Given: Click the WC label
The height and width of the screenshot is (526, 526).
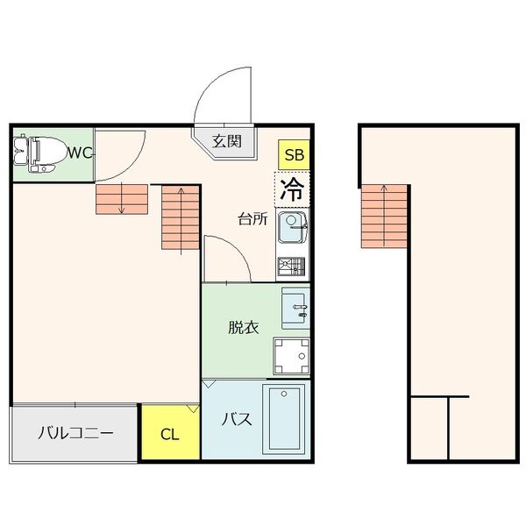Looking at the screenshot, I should click(81, 153).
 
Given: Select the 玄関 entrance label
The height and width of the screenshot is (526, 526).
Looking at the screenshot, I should click(227, 140).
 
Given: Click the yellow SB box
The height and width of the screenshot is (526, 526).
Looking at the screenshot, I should click(294, 155).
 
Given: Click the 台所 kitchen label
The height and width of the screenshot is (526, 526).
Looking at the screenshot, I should click(252, 219).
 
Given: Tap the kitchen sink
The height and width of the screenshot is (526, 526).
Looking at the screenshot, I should click(292, 230).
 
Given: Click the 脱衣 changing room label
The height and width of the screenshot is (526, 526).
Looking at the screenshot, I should click(243, 328).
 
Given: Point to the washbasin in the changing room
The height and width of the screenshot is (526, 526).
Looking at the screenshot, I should click(296, 309).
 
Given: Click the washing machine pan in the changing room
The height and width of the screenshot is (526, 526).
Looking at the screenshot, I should click(291, 357).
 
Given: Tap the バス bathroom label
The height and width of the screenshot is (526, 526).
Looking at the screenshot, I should click(237, 419).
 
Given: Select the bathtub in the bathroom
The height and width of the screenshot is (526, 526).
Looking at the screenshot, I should click(286, 419).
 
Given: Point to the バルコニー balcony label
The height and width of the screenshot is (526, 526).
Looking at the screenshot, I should click(75, 433).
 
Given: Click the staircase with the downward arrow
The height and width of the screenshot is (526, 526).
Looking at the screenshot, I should click(122, 200).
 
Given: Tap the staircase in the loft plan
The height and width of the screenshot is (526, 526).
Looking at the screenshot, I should click(385, 216).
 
